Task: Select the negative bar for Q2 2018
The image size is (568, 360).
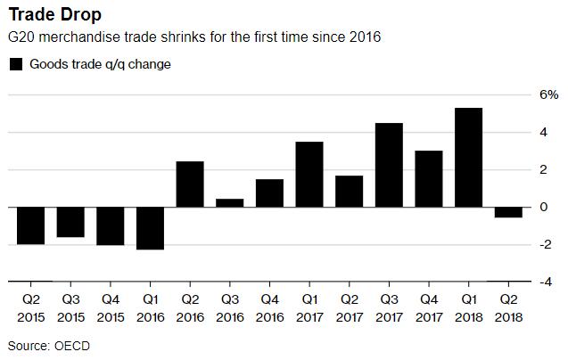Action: click(508, 212)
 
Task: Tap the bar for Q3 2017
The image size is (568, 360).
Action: click(389, 165)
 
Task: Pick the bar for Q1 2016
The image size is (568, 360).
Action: click(149, 228)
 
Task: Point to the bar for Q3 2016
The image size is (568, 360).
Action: click(229, 203)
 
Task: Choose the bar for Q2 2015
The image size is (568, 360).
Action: click(29, 225)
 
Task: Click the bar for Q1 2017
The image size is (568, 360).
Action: click(309, 175)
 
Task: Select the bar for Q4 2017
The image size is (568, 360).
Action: click(429, 179)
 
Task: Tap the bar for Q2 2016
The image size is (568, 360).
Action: click(189, 184)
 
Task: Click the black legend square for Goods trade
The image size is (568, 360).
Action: click(15, 64)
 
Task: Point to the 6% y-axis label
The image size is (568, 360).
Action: click(547, 95)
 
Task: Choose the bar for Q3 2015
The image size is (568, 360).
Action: click(70, 222)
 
